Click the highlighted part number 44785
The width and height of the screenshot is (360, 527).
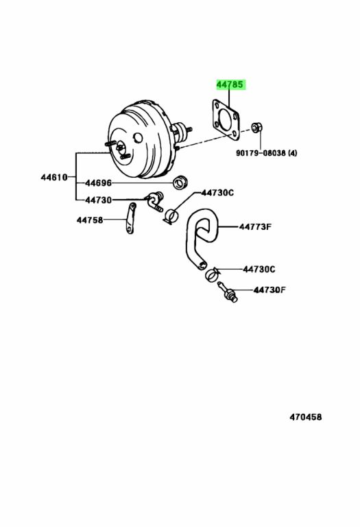(230, 84)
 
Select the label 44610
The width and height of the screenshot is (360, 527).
(54, 177)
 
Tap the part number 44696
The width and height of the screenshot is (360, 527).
(98, 183)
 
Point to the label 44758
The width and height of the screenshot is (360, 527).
(90, 220)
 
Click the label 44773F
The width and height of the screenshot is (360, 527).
(255, 227)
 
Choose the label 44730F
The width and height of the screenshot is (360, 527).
(269, 290)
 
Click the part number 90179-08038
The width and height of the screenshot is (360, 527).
(261, 153)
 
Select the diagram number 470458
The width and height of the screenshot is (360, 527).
(306, 417)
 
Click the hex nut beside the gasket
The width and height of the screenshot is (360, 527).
(257, 128)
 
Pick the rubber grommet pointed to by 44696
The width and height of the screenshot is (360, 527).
(180, 182)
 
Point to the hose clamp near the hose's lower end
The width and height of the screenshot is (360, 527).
(212, 275)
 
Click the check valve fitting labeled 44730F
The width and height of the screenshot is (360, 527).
(228, 292)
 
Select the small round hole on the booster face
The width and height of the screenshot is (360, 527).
(138, 137)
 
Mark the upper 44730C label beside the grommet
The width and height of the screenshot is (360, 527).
(217, 193)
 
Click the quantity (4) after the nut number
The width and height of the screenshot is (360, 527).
(292, 153)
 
